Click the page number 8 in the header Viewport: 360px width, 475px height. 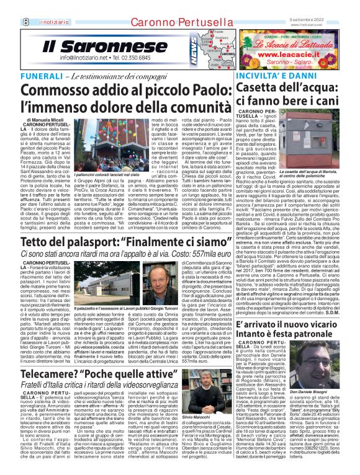(x=9, y=6)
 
